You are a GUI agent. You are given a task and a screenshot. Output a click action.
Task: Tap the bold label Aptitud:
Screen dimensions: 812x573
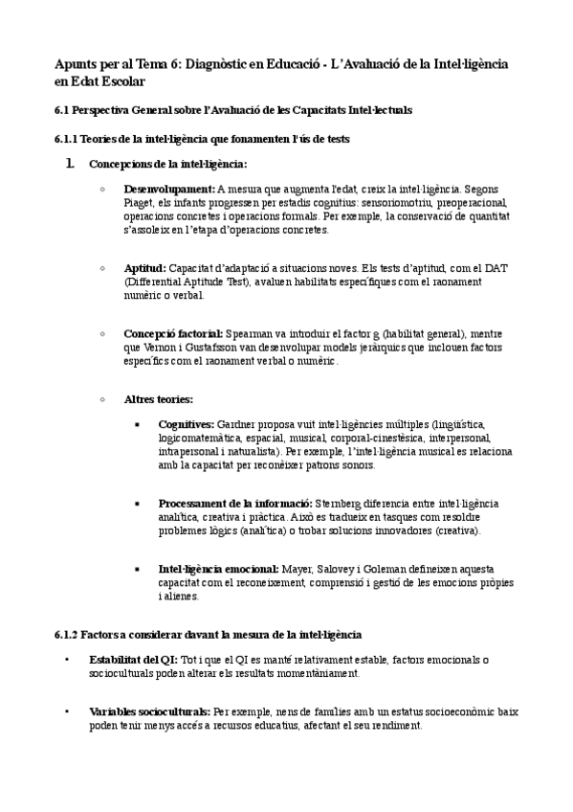pos(144,269)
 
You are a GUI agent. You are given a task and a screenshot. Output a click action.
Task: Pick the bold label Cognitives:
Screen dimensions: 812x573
pos(187,424)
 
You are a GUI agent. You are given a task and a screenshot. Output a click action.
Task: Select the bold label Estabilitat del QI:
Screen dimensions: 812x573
pos(133,660)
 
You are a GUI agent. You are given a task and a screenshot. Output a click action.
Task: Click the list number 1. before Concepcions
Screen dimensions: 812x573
pos(70,164)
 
